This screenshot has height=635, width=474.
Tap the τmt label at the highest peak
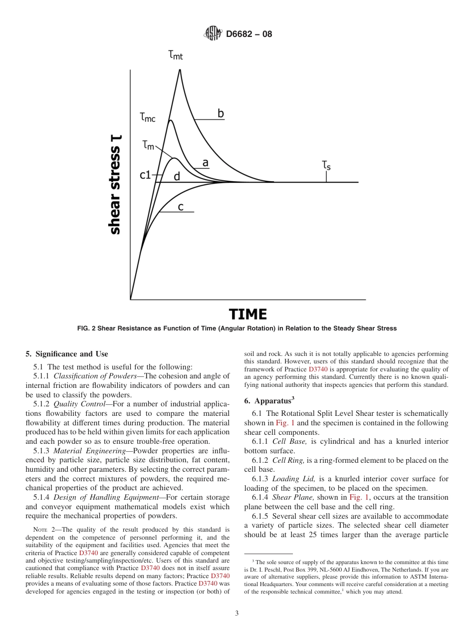(x=176, y=55)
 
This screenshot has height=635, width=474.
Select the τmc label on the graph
(x=148, y=117)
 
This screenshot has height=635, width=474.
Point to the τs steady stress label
(x=326, y=164)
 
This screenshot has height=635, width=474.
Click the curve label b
(x=221, y=114)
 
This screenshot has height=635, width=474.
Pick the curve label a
(x=205, y=163)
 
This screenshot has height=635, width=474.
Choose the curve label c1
(x=145, y=175)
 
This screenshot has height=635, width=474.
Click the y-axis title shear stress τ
(x=115, y=185)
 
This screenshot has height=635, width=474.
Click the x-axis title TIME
(x=247, y=315)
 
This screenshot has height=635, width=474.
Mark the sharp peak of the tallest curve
(x=180, y=69)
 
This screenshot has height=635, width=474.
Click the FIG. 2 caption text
(x=237, y=328)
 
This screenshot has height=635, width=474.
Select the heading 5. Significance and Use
(x=66, y=354)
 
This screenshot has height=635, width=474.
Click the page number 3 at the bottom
(x=237, y=614)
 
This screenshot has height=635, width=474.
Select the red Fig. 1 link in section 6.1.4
(x=358, y=497)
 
